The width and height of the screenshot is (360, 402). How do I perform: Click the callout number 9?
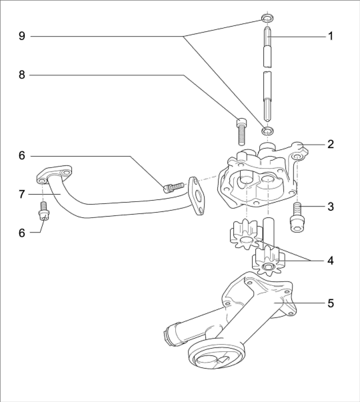pyautogui.click(x=22, y=36)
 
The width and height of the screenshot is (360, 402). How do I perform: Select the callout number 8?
pyautogui.click(x=22, y=75)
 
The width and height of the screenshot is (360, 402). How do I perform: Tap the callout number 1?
pyautogui.click(x=331, y=36)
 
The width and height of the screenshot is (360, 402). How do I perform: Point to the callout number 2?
pyautogui.click(x=331, y=145)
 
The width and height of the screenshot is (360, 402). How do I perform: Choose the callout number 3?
pyautogui.click(x=331, y=207)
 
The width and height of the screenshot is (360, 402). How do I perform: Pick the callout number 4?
pyautogui.click(x=331, y=261)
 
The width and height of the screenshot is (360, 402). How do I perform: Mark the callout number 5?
pyautogui.click(x=331, y=303)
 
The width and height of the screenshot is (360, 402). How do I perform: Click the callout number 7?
pyautogui.click(x=22, y=194)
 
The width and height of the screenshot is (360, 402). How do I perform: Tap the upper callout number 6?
pyautogui.click(x=22, y=155)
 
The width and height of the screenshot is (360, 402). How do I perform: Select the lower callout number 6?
pyautogui.click(x=22, y=233)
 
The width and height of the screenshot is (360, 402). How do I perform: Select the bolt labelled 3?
pyautogui.click(x=297, y=217)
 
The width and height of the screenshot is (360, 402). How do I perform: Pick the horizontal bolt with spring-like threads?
pyautogui.click(x=173, y=188)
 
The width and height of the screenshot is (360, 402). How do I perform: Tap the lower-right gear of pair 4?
pyautogui.click(x=268, y=261)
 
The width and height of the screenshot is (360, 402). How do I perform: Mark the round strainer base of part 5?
pyautogui.click(x=215, y=355)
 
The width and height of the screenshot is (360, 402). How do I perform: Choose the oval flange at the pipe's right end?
pyautogui.click(x=197, y=195)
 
